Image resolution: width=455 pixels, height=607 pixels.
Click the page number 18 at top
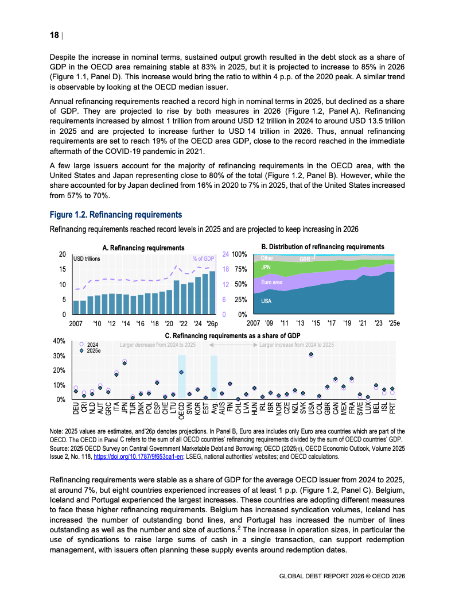[x=54, y=35]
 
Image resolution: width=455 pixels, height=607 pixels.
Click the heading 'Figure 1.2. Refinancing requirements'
[x=116, y=215]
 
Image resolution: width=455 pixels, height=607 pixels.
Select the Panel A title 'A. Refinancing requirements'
[x=143, y=248]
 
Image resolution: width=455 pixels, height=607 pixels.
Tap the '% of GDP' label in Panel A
[x=203, y=259]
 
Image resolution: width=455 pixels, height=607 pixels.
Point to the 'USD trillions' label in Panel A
[x=87, y=259]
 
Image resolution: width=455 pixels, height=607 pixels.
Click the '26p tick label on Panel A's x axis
[x=211, y=323]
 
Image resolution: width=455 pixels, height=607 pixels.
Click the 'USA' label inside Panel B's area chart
[x=266, y=301]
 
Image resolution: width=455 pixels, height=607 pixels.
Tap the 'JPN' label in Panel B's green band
[x=266, y=268]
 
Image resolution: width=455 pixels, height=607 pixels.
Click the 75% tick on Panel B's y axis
[x=240, y=269]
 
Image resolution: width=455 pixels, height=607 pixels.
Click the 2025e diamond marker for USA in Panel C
[x=311, y=355]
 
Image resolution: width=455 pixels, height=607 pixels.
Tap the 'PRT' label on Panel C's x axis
[x=392, y=408]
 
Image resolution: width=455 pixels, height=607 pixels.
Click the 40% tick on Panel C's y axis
[x=59, y=341]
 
